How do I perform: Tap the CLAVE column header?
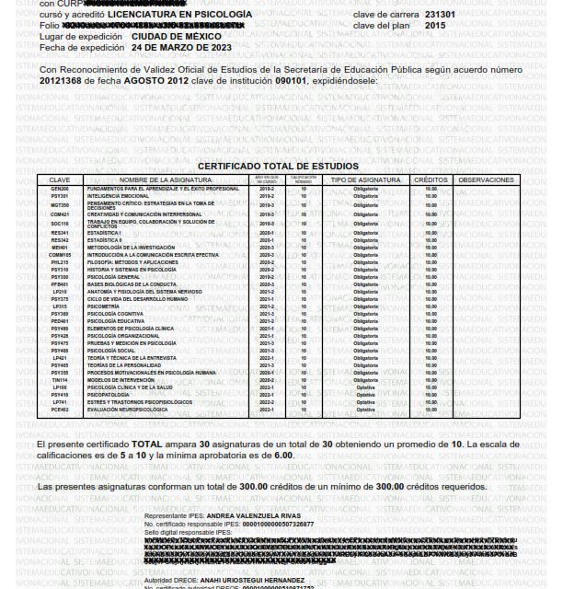pyautogui.click(x=60, y=179)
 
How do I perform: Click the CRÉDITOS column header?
pyautogui.click(x=431, y=179)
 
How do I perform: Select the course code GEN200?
pyautogui.click(x=60, y=188)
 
